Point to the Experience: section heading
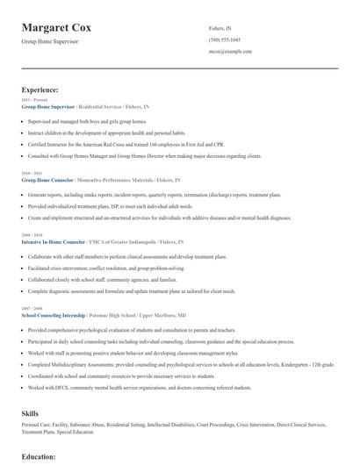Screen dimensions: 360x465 40,89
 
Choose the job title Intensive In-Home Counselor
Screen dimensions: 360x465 54,241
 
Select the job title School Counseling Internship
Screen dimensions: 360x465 54,314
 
